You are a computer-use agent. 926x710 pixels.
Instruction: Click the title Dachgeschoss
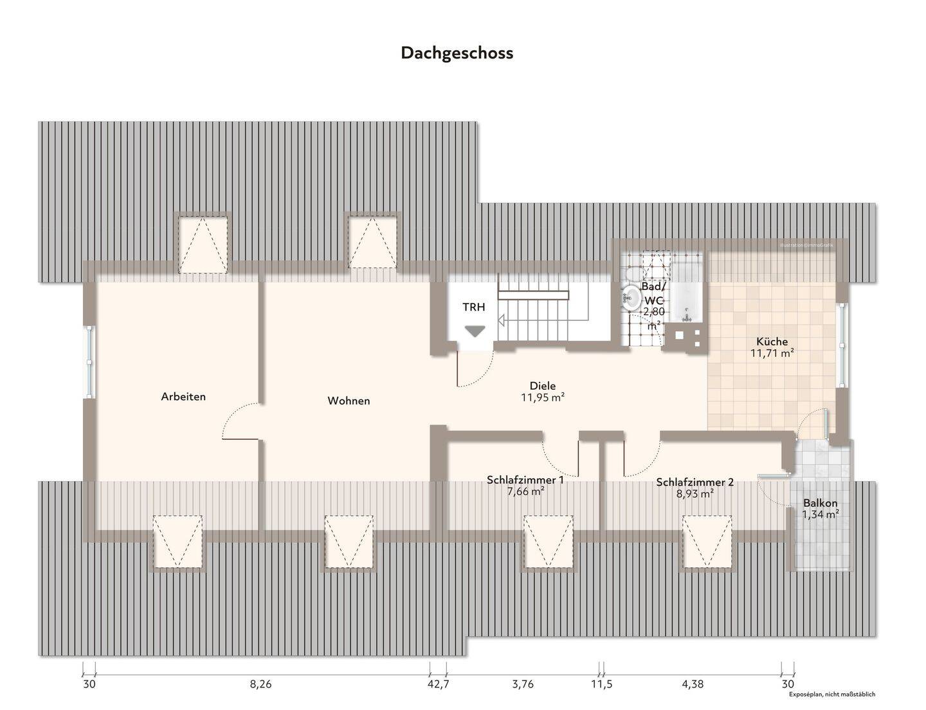[457, 53]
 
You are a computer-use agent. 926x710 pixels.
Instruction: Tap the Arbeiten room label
[183, 397]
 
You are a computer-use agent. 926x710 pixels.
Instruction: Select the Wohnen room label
[349, 401]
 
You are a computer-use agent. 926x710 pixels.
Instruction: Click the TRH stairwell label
[474, 307]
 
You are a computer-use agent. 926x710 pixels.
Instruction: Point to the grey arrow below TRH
[475, 331]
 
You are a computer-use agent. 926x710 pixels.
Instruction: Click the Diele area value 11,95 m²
[542, 397]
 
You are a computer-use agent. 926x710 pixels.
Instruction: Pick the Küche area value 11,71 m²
[772, 352]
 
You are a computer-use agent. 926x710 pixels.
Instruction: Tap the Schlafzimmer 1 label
[525, 480]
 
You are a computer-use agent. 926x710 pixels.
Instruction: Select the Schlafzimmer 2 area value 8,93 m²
[694, 494]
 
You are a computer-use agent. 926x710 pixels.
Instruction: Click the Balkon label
[820, 504]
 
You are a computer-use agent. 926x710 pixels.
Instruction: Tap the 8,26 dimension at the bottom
[260, 684]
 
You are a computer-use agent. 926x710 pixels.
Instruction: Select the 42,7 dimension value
[438, 684]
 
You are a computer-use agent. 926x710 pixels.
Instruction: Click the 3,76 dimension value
[523, 684]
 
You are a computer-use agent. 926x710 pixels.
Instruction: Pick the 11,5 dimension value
[602, 684]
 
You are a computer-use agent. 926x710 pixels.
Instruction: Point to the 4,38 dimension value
[692, 684]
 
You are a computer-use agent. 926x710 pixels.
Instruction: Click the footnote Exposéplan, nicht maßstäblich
[832, 695]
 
